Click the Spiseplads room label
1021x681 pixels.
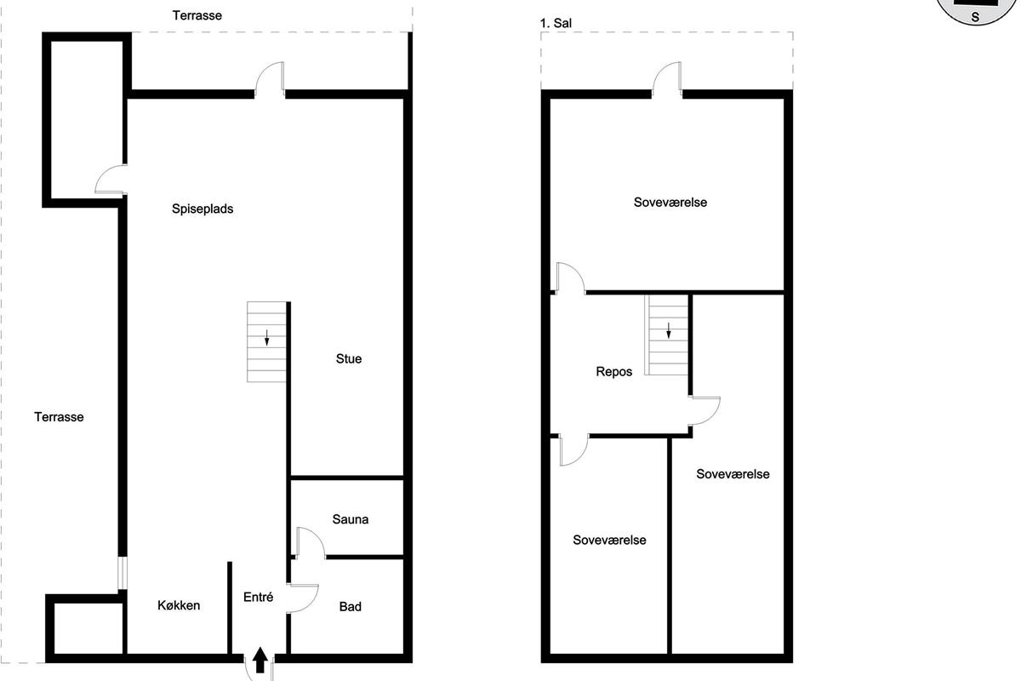tap(202, 209)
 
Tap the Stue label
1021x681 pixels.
tap(349, 359)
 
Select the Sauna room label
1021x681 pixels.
tap(350, 519)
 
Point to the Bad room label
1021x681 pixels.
tap(350, 607)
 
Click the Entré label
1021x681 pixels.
tap(258, 597)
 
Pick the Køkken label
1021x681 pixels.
tap(179, 605)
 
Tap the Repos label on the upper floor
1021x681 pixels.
tap(614, 372)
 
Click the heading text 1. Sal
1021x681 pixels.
tap(556, 23)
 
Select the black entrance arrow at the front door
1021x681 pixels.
tap(260, 660)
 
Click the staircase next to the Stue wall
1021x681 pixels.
tap(266, 341)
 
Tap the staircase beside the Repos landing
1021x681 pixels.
tap(666, 335)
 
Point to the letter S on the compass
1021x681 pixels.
tap(975, 17)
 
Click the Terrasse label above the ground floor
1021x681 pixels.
tap(197, 15)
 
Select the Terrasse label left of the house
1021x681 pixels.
tap(59, 417)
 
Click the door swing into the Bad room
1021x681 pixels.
tap(303, 598)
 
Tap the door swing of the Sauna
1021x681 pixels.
tap(311, 542)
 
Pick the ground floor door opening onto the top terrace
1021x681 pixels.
tap(270, 78)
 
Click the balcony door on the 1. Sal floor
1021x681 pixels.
tap(667, 78)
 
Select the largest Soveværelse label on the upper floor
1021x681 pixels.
tap(670, 203)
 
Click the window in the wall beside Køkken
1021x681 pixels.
tap(123, 572)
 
